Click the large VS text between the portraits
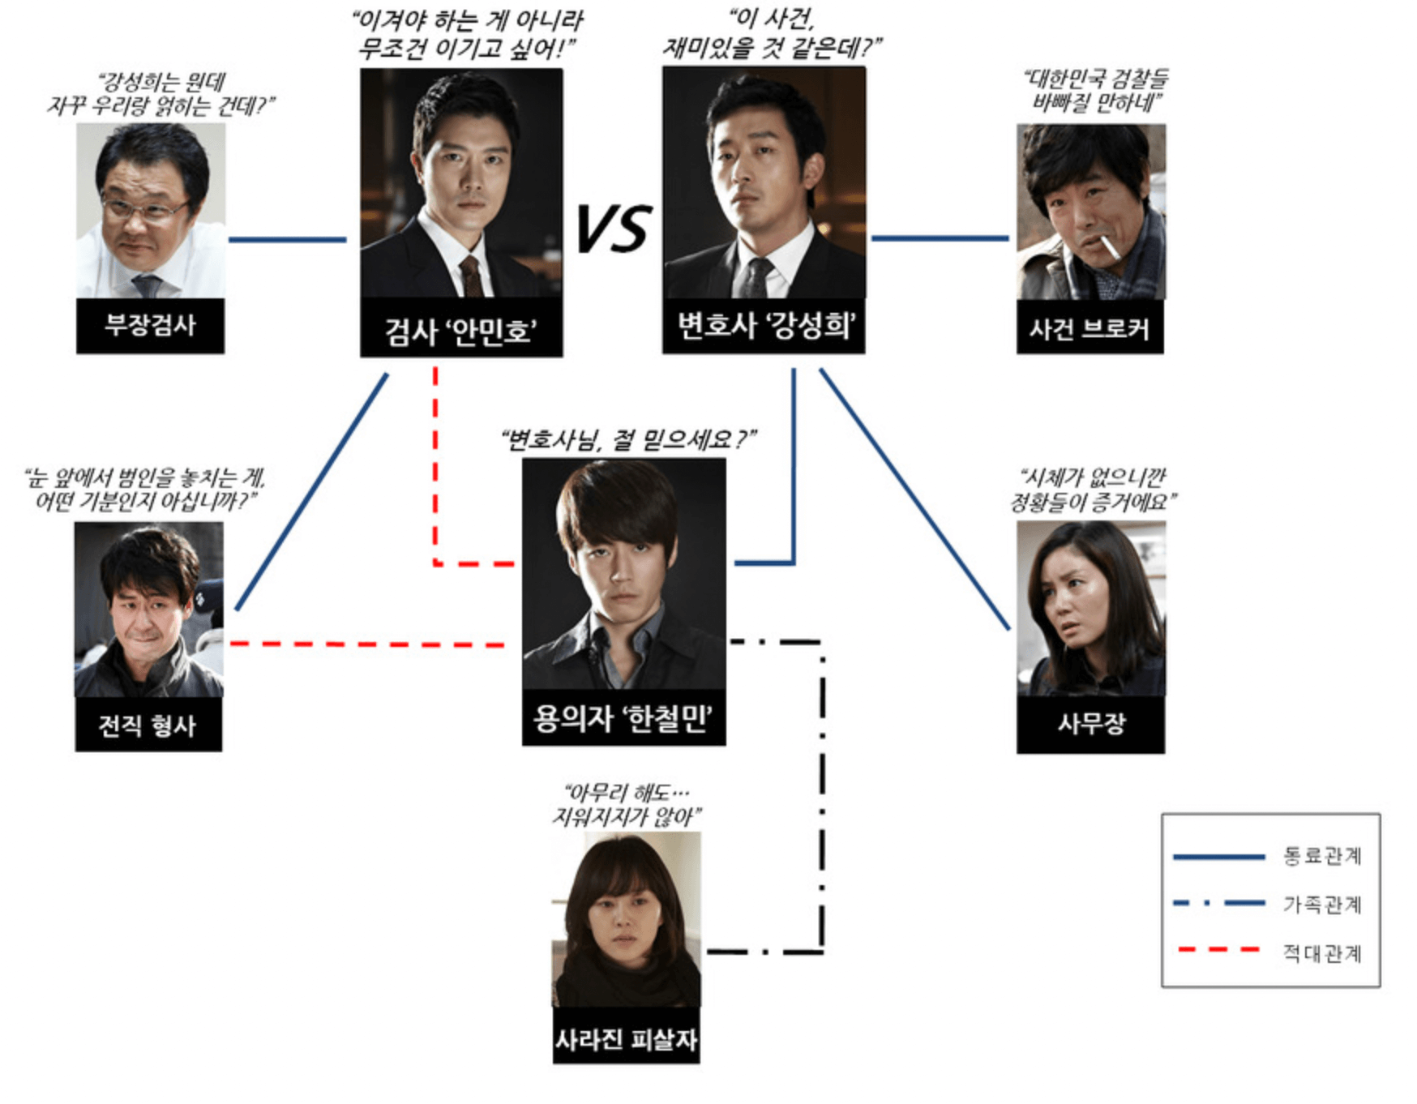click(x=613, y=229)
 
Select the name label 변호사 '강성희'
click(x=764, y=326)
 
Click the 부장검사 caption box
click(x=150, y=326)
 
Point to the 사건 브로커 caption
click(x=1090, y=328)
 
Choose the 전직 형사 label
click(x=148, y=725)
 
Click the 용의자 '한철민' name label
click(x=623, y=718)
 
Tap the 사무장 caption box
click(x=1090, y=723)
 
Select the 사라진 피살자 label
click(x=626, y=1039)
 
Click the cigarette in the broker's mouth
click(x=1111, y=247)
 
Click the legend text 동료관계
click(x=1321, y=856)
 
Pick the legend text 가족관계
click(x=1321, y=904)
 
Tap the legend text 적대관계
click(x=1321, y=952)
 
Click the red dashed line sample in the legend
click(x=1218, y=949)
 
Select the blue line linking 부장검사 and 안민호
click(x=287, y=240)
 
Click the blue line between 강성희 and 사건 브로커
click(x=940, y=238)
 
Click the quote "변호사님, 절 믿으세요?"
click(x=627, y=440)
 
